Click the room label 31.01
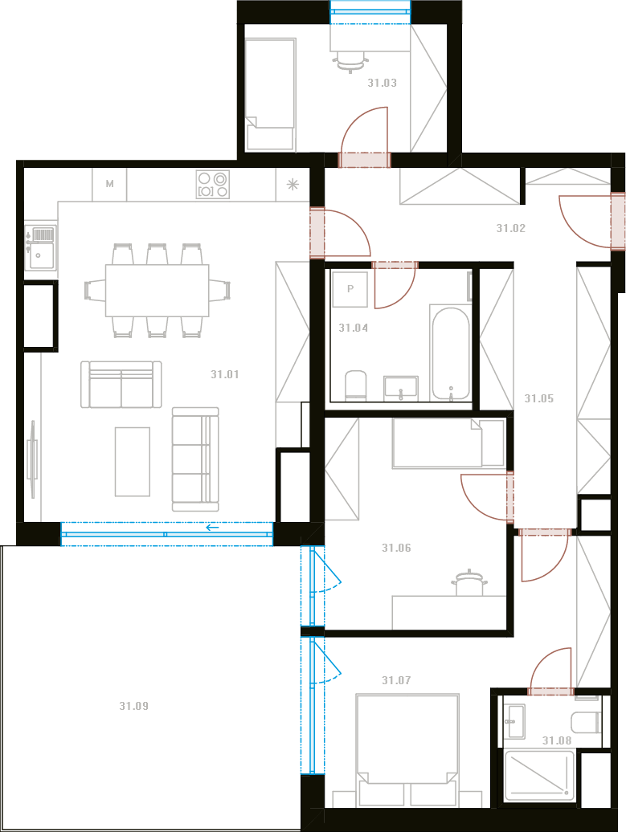tap(224, 374)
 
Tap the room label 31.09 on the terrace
tap(134, 706)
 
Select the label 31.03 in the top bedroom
tap(383, 83)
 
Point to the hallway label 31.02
tap(511, 228)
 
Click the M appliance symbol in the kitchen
tap(110, 184)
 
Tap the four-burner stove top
tap(213, 184)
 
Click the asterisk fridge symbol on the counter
tap(293, 184)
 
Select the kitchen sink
tap(40, 248)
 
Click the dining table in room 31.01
tap(158, 291)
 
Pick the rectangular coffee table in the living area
tap(133, 462)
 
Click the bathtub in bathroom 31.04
tap(450, 353)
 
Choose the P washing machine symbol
tap(350, 289)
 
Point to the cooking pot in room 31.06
tap(469, 582)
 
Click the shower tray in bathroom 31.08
tap(539, 776)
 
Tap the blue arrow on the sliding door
tap(212, 528)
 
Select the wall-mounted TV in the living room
tap(32, 459)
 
